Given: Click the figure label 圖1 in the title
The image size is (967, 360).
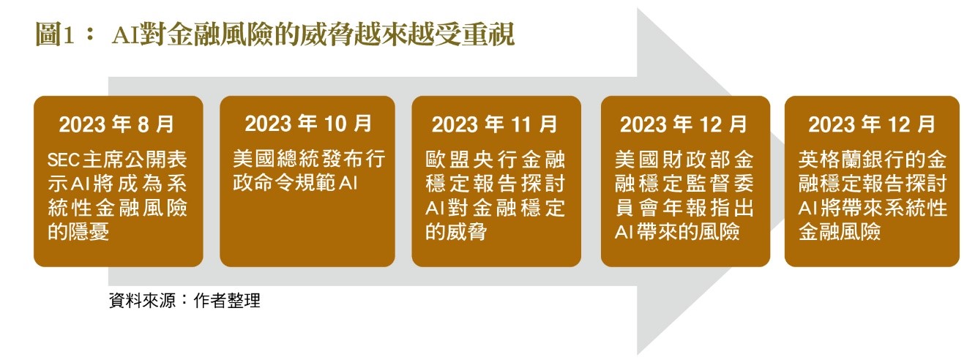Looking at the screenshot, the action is (54, 34).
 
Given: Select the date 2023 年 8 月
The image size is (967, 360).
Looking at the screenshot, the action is (116, 124).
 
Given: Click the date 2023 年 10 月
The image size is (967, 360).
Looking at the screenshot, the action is (308, 124).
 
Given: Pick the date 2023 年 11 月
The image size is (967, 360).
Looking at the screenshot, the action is (495, 124).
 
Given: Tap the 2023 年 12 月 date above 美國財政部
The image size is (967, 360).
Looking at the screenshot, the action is (684, 124).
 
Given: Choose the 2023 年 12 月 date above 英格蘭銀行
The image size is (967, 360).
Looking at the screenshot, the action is (872, 124).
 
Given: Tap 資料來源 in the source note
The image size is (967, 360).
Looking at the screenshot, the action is (143, 301).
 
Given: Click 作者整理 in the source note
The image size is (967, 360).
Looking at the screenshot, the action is (227, 301).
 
